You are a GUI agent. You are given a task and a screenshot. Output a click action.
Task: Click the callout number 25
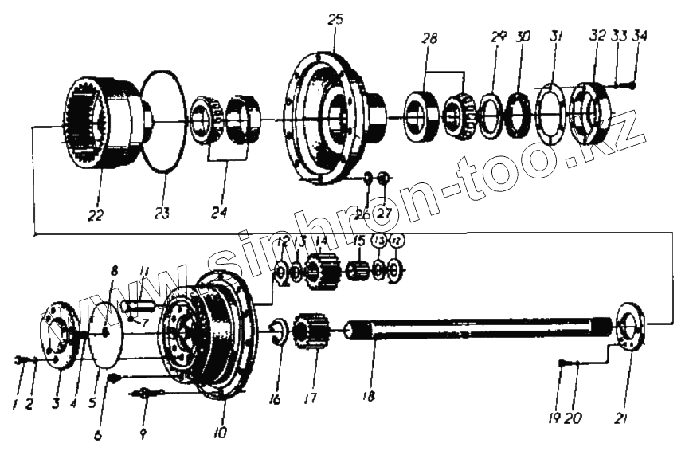(335, 19)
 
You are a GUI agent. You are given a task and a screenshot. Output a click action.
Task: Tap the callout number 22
(96, 215)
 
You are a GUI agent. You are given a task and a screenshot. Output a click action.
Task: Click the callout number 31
(556, 37)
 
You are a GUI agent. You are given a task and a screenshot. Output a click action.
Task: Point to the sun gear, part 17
(310, 331)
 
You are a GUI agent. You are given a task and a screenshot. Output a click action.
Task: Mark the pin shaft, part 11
(143, 304)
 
